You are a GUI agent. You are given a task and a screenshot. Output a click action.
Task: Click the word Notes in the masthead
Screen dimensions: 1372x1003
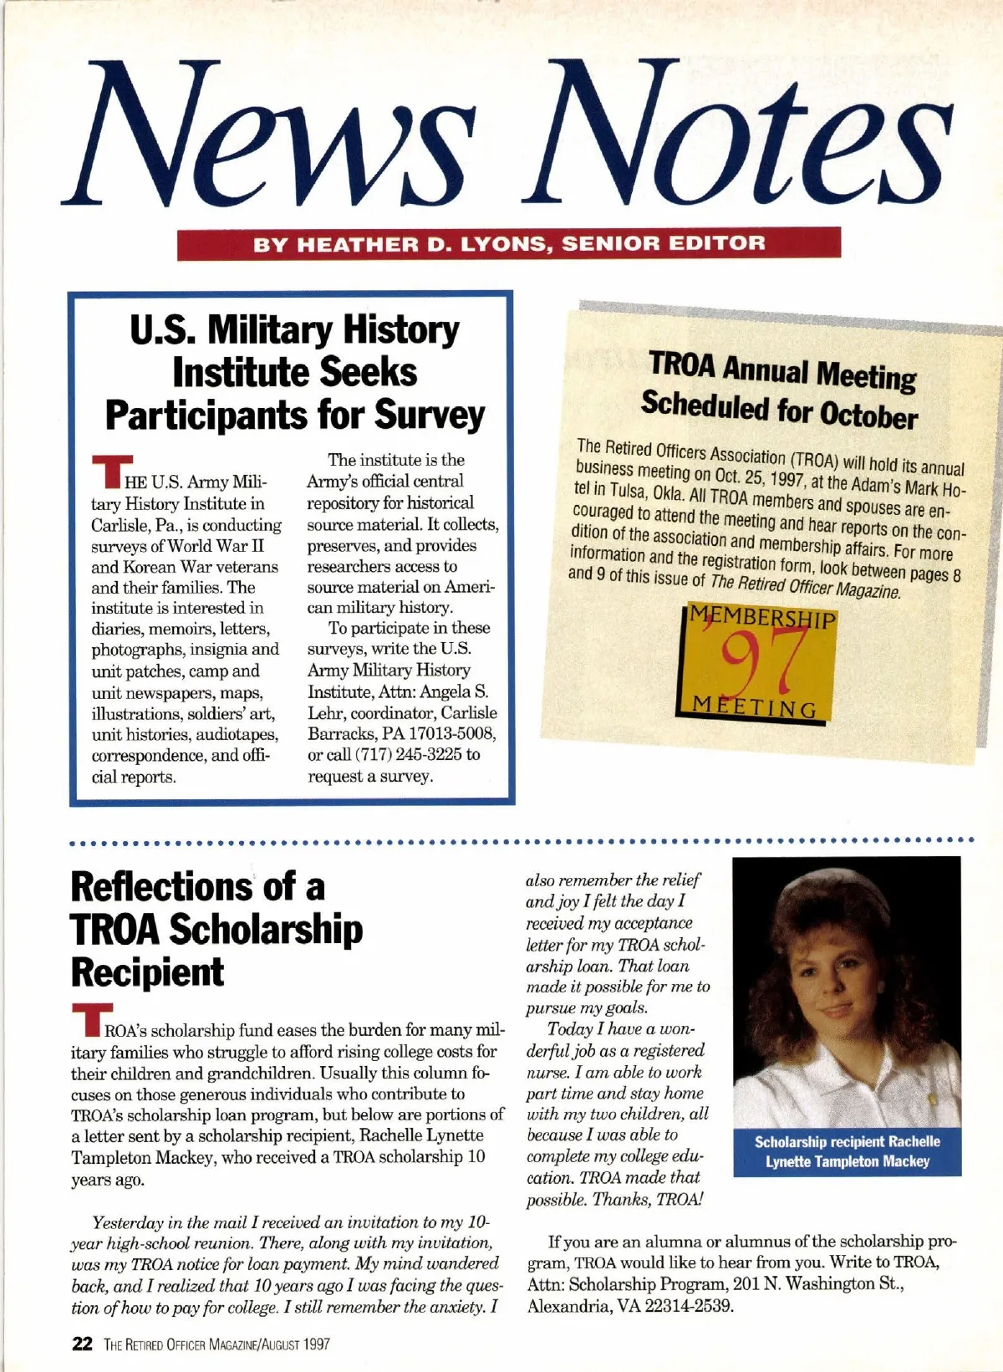pos(736,134)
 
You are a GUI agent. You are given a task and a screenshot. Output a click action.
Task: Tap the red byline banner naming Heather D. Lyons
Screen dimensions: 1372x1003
pos(508,243)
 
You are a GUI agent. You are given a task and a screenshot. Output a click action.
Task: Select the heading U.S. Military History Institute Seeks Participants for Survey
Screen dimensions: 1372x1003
pos(294,372)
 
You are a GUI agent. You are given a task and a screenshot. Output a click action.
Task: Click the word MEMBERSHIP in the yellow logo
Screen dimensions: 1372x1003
pos(762,620)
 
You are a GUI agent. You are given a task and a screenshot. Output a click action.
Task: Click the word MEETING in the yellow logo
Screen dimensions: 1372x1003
pos(755,708)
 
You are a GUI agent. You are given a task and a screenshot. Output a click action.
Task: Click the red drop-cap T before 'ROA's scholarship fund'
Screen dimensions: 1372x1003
pos(86,1022)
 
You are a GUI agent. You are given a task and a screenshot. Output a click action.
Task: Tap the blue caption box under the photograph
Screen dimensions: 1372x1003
pos(847,1151)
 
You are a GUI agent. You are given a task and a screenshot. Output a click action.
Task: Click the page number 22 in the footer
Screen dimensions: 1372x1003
pos(82,1344)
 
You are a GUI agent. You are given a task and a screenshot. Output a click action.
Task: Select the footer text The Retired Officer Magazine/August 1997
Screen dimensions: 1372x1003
pos(216,1344)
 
